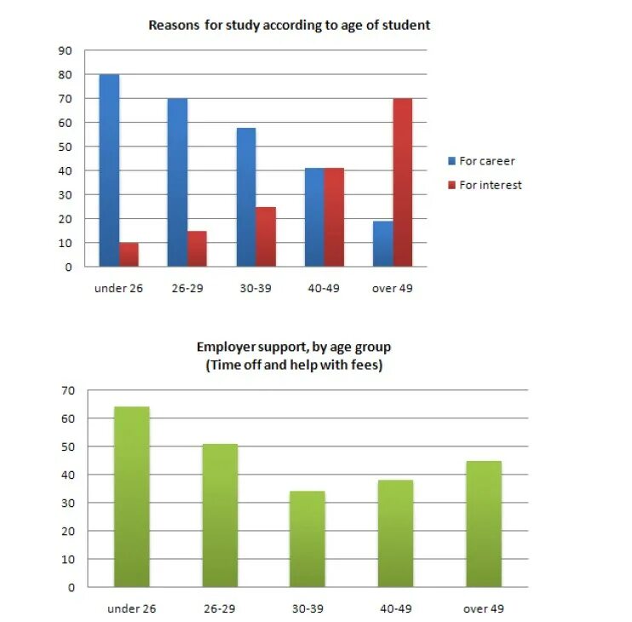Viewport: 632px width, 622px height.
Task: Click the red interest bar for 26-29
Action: [197, 248]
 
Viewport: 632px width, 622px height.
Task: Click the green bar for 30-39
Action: [307, 538]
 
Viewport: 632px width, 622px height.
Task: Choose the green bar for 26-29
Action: [220, 515]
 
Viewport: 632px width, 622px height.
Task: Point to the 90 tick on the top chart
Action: [66, 50]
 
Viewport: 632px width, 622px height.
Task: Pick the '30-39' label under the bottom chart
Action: [307, 609]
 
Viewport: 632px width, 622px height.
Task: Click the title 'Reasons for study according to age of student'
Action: [289, 26]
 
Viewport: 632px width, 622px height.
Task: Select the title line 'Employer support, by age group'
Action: [294, 348]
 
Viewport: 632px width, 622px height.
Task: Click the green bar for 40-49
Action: [395, 533]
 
